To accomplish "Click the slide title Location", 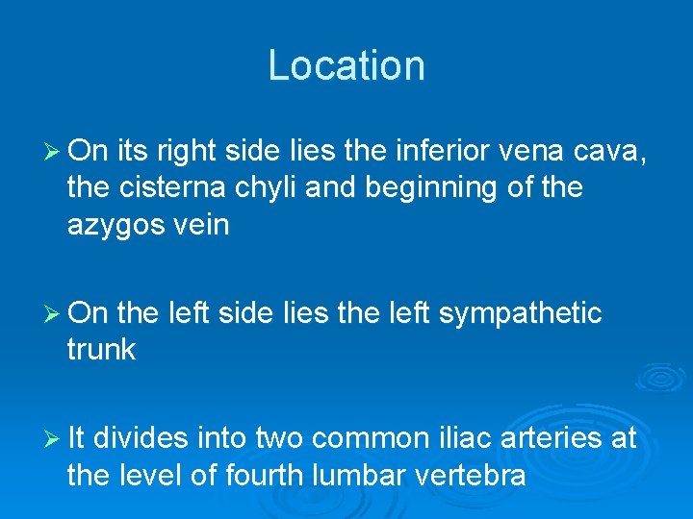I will [346, 65].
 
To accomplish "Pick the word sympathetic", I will [521, 313].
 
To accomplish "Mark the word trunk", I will [101, 350].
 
